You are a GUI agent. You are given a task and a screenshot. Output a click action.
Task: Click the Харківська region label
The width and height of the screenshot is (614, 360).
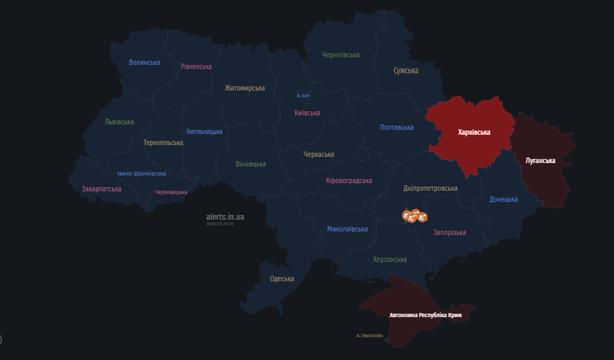[x=474, y=132]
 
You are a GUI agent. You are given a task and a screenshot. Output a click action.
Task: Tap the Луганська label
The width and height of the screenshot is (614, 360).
[x=540, y=160]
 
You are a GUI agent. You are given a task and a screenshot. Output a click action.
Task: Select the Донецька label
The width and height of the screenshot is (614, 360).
[x=503, y=199]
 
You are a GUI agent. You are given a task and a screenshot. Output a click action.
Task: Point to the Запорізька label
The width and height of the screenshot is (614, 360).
[x=449, y=232]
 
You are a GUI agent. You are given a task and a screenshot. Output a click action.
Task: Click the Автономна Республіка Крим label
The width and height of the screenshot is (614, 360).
[x=425, y=315]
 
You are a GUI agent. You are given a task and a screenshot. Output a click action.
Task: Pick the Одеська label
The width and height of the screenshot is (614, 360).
[x=281, y=278]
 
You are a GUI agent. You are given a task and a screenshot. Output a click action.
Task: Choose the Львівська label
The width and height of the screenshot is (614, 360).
[x=119, y=122]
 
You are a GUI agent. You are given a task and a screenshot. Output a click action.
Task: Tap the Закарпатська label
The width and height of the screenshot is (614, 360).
[x=102, y=189]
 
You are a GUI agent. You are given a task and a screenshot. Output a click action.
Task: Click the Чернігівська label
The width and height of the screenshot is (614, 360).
[x=341, y=55]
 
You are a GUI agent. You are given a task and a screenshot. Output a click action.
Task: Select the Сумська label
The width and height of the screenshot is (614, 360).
[x=406, y=70]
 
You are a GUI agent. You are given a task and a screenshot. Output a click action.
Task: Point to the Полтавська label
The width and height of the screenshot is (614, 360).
[x=397, y=127]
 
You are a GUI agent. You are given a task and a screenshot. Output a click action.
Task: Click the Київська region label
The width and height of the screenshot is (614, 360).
[x=307, y=113]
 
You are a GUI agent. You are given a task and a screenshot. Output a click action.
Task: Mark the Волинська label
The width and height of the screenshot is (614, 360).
[x=145, y=62]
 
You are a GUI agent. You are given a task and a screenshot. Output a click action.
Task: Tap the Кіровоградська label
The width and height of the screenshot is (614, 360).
[x=348, y=180]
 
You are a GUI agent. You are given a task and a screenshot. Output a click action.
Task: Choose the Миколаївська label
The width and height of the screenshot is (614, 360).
[x=347, y=228]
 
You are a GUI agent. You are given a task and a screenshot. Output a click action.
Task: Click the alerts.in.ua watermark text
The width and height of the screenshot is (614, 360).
[x=225, y=217]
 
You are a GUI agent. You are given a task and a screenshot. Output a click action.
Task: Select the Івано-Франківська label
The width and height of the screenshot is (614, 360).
[x=141, y=173]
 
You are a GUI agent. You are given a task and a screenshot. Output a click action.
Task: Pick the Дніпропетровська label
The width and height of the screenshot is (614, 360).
[x=430, y=188]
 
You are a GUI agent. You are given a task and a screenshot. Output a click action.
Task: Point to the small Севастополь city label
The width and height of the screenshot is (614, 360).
[x=369, y=336]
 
